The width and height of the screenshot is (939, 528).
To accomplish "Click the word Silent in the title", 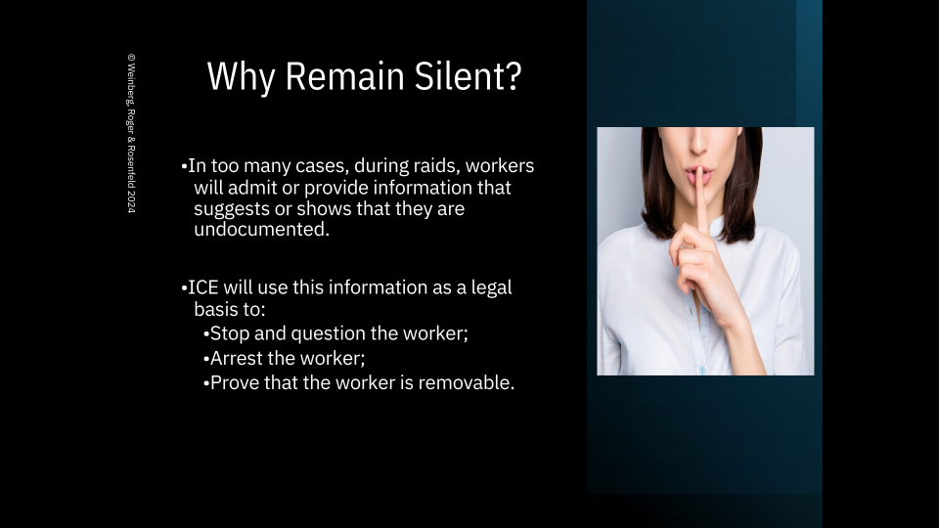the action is coord(460,76).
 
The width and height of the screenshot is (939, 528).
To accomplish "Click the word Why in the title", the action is coord(242,77).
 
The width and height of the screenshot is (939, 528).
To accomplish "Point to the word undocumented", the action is coord(262,229).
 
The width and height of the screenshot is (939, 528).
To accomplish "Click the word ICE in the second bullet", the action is coord(203,287).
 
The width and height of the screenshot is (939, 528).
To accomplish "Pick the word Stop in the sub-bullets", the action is coord(230,333).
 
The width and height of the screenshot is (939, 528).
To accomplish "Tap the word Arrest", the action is coord(236,358).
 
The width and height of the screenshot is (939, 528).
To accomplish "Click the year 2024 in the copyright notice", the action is coord(131,202).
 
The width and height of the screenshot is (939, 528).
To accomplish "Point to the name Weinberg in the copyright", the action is coord(131,84).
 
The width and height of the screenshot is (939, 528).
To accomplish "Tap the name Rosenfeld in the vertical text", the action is coord(131,166).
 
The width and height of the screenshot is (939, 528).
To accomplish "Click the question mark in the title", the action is coord(514,76).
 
